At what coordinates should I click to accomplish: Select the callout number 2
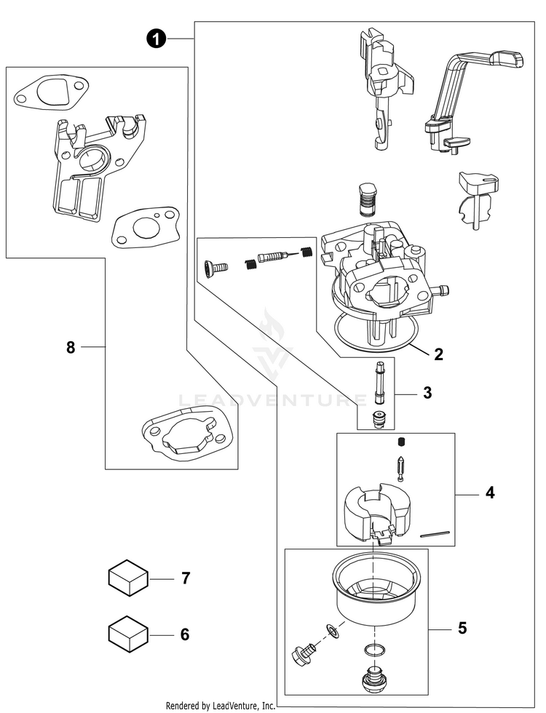pos(438,354)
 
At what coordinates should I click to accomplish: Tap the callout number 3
pos(427,393)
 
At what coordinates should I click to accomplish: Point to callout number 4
pos(490,493)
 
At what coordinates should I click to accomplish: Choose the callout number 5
pos(462,627)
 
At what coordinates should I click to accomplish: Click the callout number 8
pos(71,348)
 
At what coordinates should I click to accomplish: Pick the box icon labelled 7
pos(128,578)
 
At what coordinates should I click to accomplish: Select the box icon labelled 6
pos(128,634)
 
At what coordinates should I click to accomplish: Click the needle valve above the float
pos(400,466)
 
